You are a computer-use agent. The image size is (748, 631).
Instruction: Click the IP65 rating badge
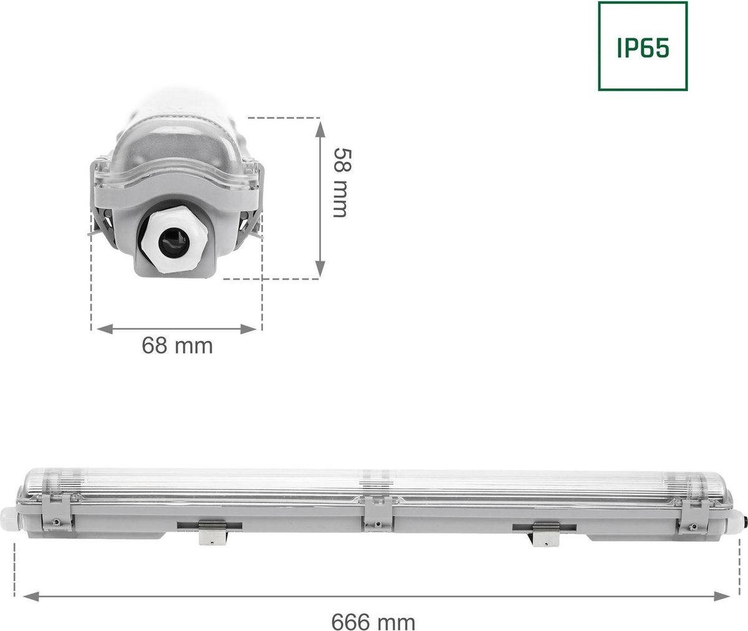click(643, 46)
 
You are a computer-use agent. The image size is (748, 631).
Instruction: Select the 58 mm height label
click(338, 183)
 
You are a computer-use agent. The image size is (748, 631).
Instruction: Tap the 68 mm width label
click(177, 345)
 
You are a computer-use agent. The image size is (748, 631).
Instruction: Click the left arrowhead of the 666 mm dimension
click(29, 596)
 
